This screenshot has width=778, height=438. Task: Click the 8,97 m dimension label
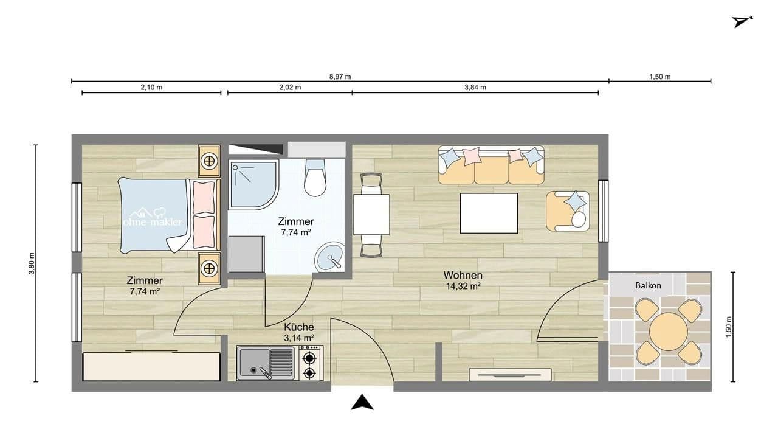click(x=340, y=77)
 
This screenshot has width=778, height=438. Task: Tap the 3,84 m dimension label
click(x=475, y=87)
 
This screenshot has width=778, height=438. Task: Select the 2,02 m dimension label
click(x=290, y=87)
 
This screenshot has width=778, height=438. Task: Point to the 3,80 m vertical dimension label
click(x=32, y=263)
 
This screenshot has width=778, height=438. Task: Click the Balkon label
click(x=648, y=285)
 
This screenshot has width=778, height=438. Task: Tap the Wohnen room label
click(x=463, y=275)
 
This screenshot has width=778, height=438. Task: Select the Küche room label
click(x=298, y=327)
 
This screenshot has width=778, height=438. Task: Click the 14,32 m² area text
click(x=463, y=286)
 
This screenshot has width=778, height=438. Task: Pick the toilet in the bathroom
click(x=315, y=178)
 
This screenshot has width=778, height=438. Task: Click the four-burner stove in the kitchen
click(x=311, y=363)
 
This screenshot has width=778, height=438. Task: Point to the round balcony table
click(x=669, y=332)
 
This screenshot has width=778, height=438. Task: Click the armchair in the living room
click(x=568, y=210)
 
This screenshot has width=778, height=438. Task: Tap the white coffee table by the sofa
click(x=489, y=213)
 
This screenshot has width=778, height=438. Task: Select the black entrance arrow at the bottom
click(x=362, y=402)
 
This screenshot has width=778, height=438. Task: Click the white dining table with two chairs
click(x=371, y=214)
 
